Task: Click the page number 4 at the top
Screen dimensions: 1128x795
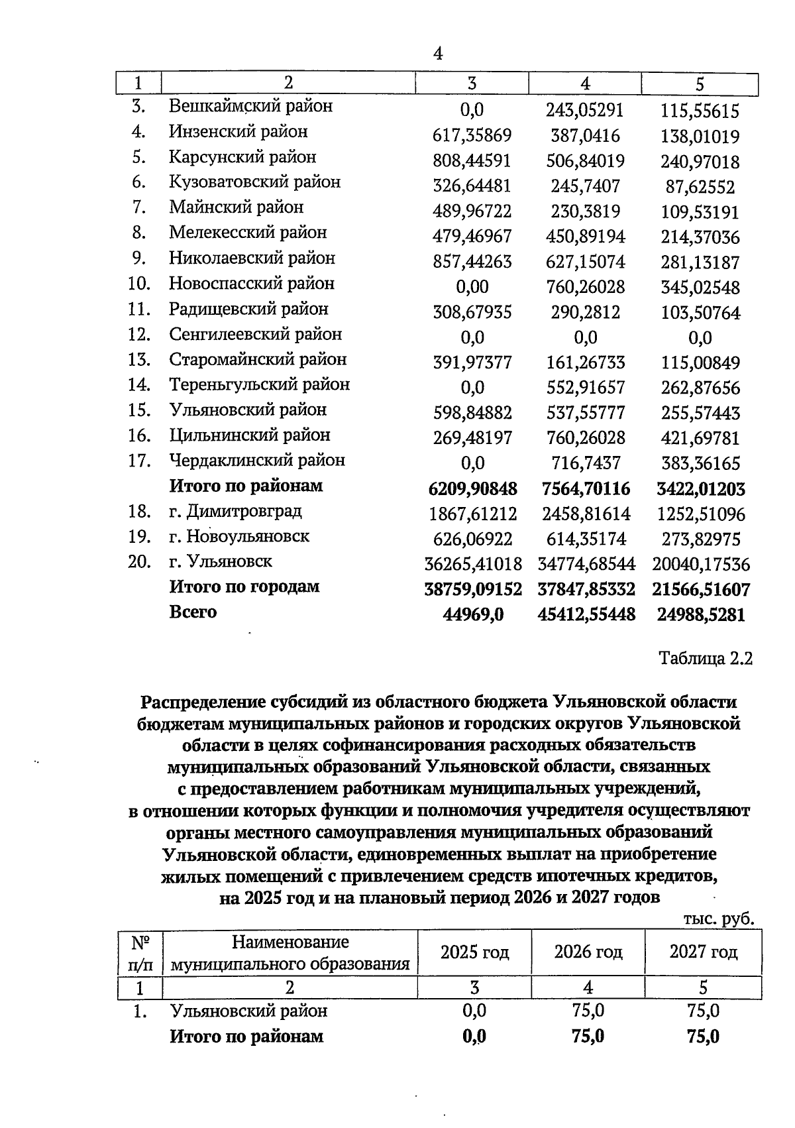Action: (437, 54)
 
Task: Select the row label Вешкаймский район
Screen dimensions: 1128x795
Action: (250, 106)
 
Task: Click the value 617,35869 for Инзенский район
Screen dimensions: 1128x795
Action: (472, 137)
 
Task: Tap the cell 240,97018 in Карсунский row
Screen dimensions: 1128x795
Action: (700, 162)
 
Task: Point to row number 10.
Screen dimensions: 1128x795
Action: (139, 284)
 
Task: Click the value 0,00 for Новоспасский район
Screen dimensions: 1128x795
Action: (472, 287)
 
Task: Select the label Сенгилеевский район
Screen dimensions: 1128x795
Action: (255, 334)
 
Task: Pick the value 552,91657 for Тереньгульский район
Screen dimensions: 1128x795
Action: (586, 388)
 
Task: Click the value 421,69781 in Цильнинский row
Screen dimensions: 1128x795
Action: (700, 438)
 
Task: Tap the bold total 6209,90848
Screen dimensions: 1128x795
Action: (472, 489)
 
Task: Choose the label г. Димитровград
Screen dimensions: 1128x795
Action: (235, 511)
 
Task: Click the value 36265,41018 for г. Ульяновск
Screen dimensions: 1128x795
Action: (472, 565)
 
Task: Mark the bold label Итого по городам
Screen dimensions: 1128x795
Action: (244, 587)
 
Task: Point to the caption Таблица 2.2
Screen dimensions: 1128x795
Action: (705, 659)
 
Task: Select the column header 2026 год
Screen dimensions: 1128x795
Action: (588, 952)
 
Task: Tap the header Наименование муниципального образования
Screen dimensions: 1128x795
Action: (290, 952)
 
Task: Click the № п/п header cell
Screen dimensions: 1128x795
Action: (140, 952)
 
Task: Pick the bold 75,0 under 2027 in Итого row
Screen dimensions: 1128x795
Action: (703, 1037)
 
